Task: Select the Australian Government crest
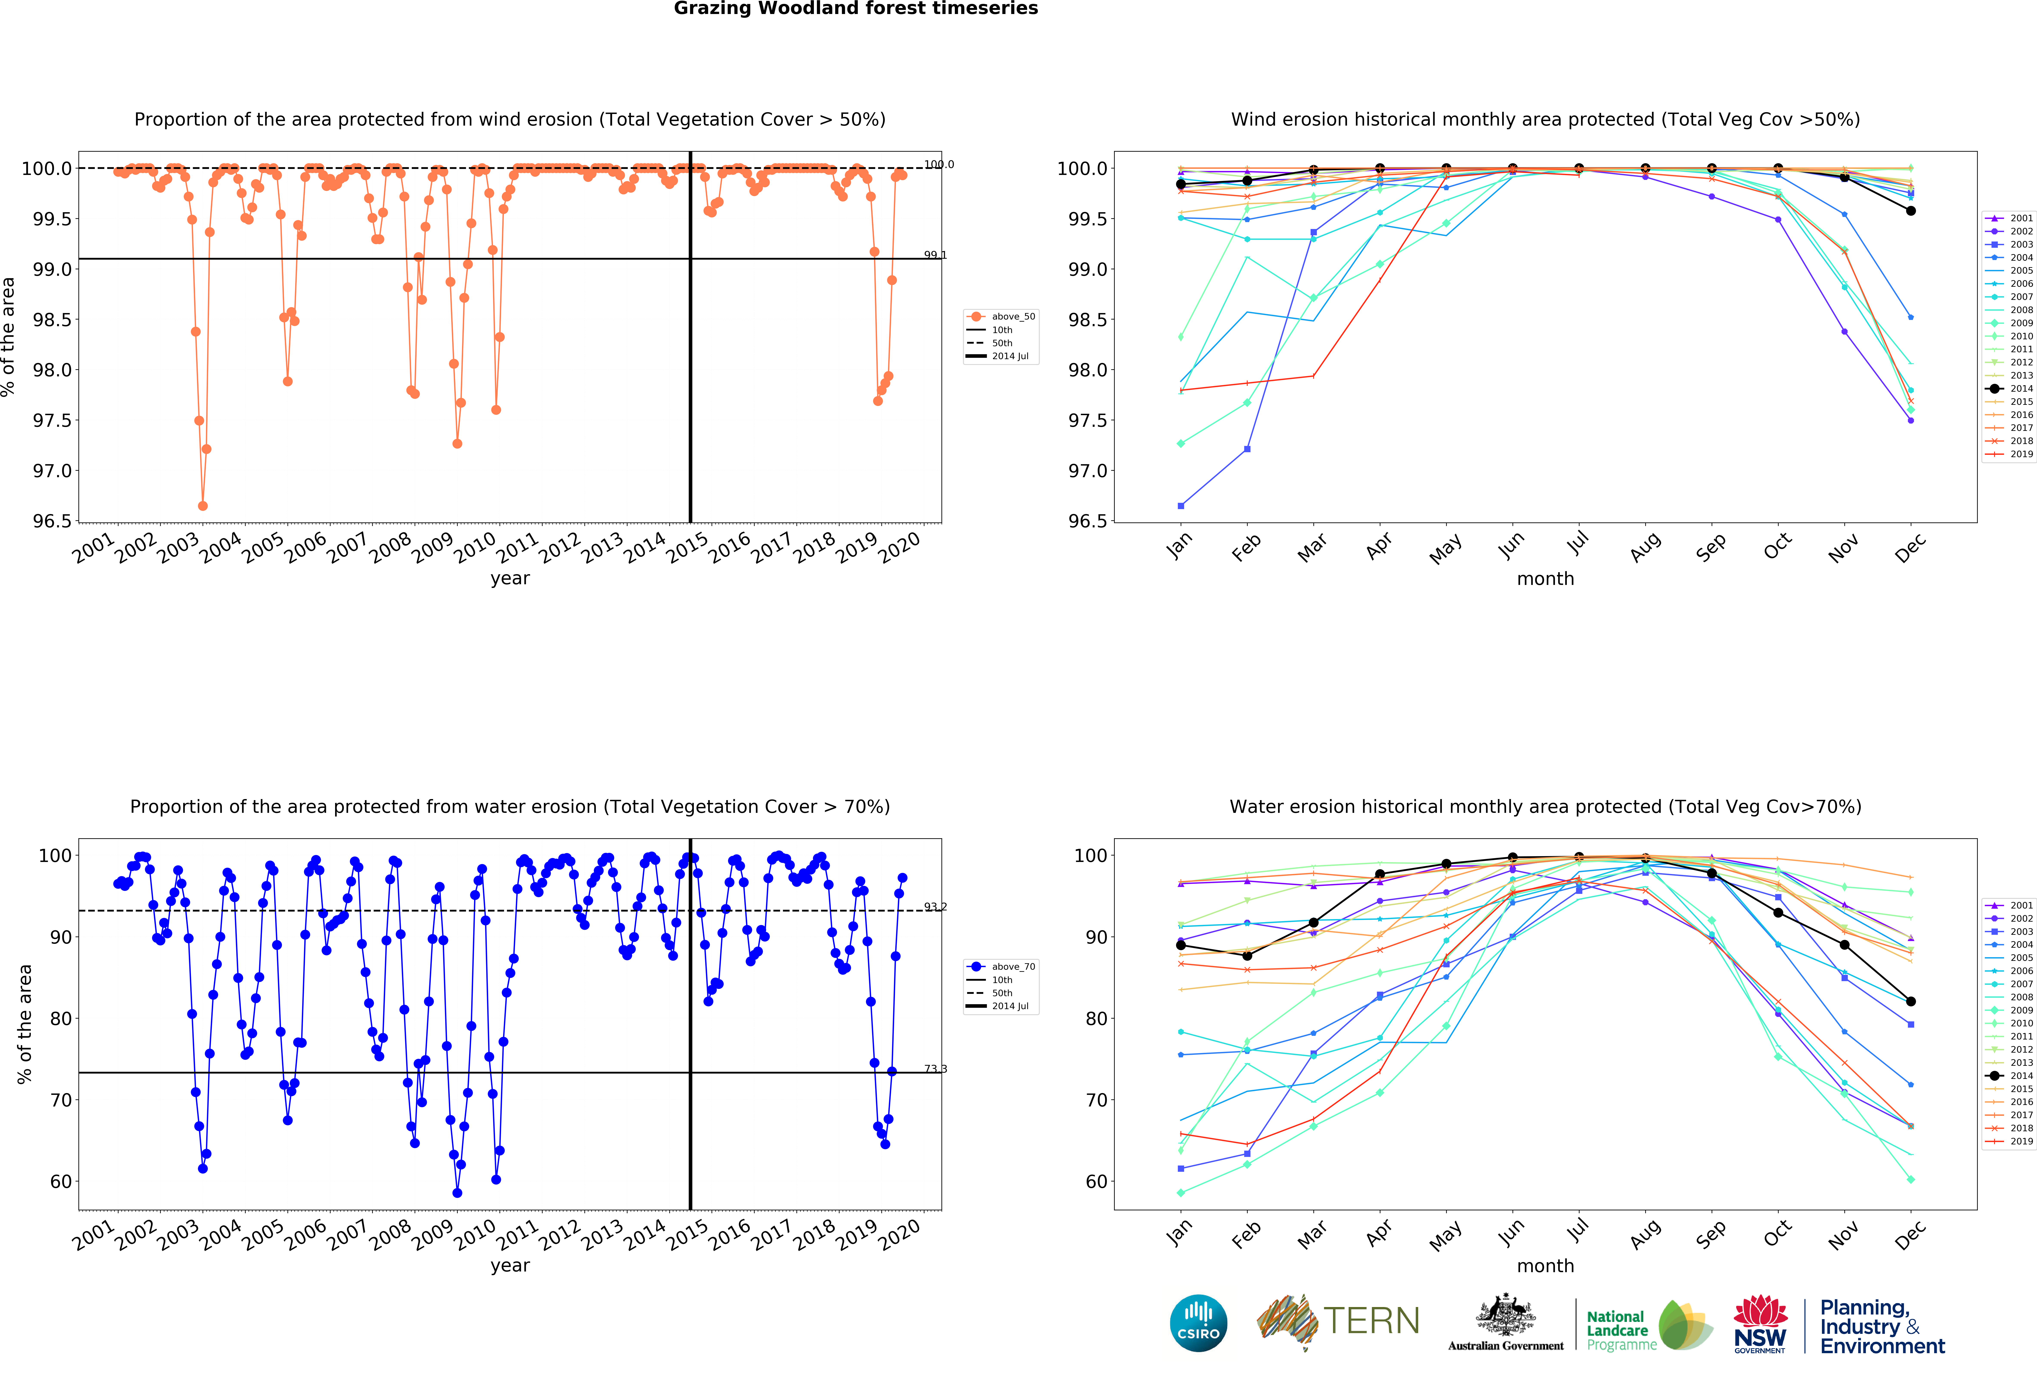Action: point(1505,1315)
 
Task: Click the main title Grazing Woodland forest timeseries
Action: point(855,9)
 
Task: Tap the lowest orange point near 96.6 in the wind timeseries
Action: point(203,506)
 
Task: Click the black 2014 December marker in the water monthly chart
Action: point(1911,1001)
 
